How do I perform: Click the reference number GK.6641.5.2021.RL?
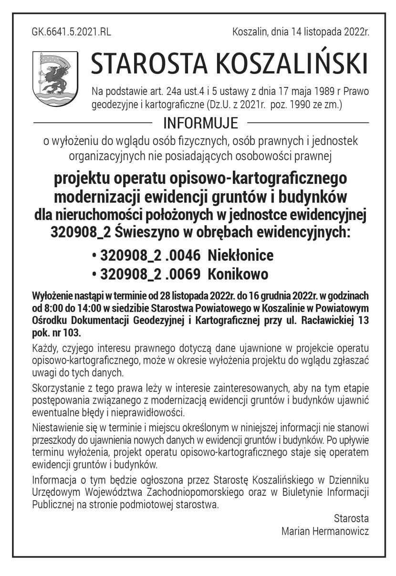tap(71, 32)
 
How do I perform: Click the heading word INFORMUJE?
tap(200, 123)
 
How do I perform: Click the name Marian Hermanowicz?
tap(325, 531)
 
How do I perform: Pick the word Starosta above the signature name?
tap(351, 518)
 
